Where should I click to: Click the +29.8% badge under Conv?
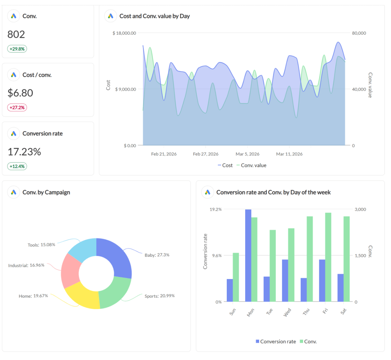click(17, 49)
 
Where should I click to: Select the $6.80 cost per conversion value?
click(20, 93)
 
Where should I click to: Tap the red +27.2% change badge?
click(17, 107)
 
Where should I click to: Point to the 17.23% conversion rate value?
click(24, 152)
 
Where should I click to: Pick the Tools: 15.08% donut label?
click(41, 245)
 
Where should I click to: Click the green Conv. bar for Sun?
click(236, 277)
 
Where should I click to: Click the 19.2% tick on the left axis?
click(216, 209)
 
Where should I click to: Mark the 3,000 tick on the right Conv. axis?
click(361, 209)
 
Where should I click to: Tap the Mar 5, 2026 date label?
click(247, 154)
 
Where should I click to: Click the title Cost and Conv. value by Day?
click(154, 16)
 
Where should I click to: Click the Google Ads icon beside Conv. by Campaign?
click(14, 192)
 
